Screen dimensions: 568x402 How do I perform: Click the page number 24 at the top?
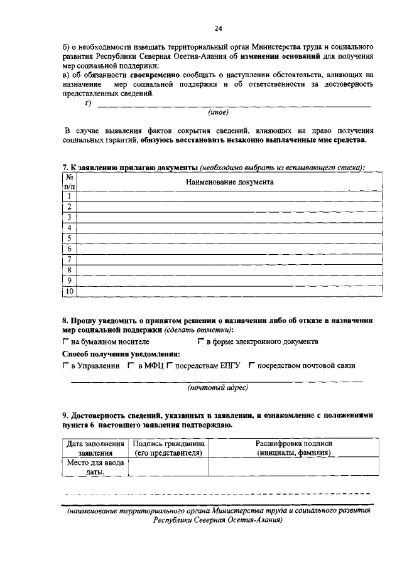coord(218,28)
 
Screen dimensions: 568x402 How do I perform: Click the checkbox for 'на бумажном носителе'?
coord(66,341)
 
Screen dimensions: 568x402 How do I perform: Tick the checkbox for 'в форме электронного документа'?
coord(200,341)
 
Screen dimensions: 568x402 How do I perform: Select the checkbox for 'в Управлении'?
coord(66,365)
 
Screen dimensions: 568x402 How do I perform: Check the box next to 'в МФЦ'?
coord(131,365)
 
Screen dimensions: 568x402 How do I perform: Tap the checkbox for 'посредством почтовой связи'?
coord(251,365)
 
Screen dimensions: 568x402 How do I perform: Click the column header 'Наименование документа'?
coord(229,181)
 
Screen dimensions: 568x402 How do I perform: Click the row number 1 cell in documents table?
coord(68,196)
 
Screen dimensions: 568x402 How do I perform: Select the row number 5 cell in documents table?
coord(68,238)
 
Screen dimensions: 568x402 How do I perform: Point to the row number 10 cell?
coord(68,291)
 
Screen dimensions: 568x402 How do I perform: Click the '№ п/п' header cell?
coord(68,181)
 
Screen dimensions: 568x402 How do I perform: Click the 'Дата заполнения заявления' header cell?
coord(95,447)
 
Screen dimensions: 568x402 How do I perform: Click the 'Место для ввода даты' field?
coord(95,468)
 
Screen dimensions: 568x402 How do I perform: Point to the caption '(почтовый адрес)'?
coord(218,387)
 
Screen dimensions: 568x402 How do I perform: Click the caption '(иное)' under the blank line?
coord(218,112)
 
